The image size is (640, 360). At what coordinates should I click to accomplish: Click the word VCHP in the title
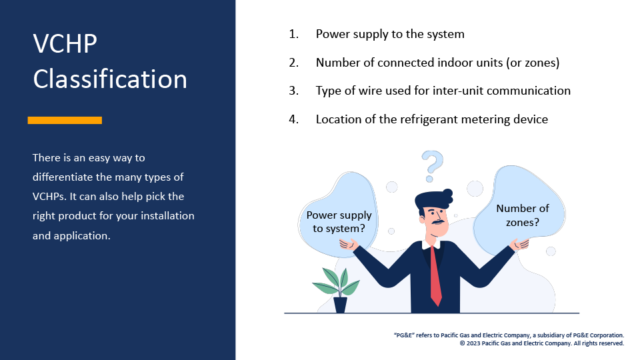[x=65, y=43]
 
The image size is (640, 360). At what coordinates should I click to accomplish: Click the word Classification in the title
[x=110, y=79]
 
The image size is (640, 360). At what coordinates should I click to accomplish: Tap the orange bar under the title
[x=65, y=120]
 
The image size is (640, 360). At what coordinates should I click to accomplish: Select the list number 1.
[x=293, y=34]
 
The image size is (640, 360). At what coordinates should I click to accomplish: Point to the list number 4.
[x=293, y=119]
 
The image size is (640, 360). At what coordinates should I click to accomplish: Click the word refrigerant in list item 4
[x=430, y=119]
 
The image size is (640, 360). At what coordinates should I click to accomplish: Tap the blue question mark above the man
[x=432, y=165]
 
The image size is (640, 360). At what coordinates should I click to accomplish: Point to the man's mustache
[x=439, y=223]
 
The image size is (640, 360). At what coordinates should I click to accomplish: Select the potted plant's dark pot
[x=340, y=305]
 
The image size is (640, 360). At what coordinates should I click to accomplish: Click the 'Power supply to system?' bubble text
[x=339, y=221]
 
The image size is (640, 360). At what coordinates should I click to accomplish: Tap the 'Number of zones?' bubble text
[x=523, y=215]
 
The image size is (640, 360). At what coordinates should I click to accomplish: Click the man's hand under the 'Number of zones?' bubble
[x=520, y=244]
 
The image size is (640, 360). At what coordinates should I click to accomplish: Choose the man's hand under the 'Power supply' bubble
[x=348, y=244]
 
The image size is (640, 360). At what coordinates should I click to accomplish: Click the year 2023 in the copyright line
[x=473, y=343]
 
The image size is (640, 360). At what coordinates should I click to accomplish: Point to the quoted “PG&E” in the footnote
[x=404, y=335]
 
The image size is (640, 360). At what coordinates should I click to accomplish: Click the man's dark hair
[x=434, y=200]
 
